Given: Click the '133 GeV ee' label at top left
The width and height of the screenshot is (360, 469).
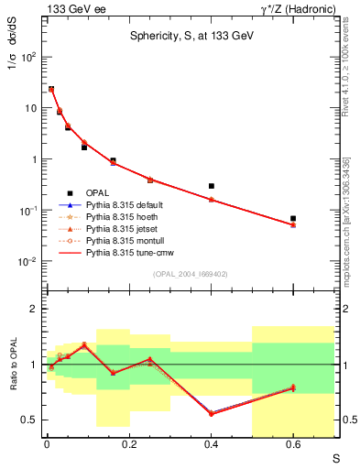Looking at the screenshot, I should click(74, 8).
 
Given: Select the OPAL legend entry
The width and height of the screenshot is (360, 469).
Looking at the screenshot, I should click(99, 192).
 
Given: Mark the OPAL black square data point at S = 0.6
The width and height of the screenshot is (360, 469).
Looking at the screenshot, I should click(293, 218).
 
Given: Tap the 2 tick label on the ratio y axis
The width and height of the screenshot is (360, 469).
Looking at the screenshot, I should click(35, 309).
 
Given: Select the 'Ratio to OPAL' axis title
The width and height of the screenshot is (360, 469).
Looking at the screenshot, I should click(11, 366).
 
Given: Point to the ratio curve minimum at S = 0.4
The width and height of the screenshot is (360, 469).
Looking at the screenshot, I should click(212, 413).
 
